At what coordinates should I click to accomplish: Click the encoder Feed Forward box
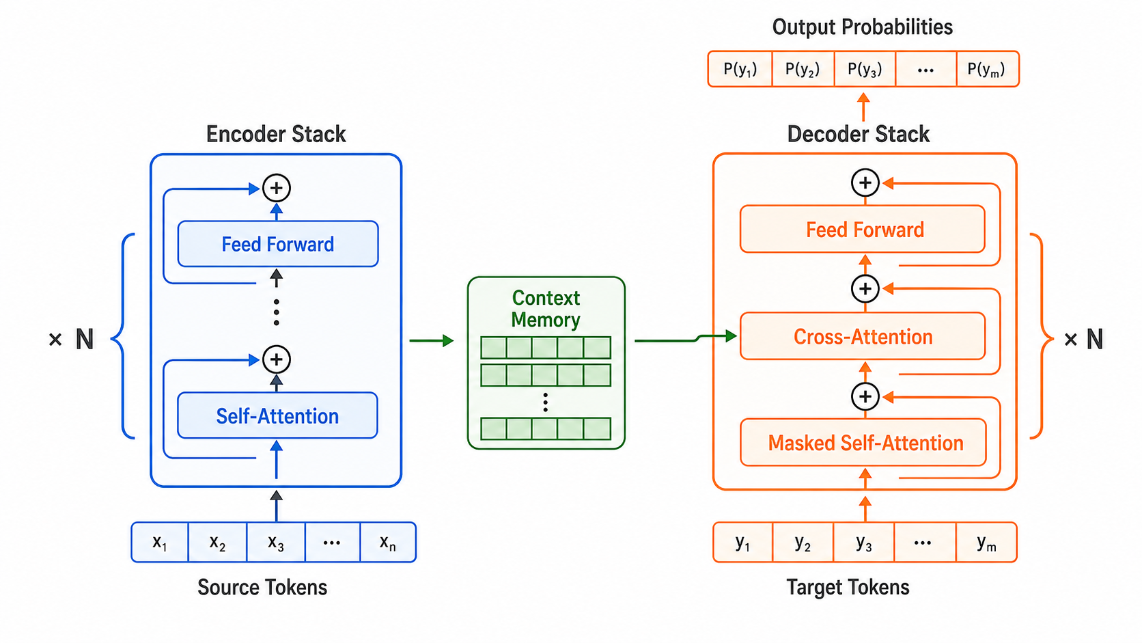[x=278, y=244]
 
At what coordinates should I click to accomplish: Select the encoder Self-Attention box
[x=277, y=415]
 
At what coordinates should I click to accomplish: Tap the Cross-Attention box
[x=863, y=337]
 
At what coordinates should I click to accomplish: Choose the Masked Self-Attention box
[x=863, y=443]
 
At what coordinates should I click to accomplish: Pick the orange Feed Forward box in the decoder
[x=863, y=230]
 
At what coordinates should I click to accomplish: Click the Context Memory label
[x=546, y=308]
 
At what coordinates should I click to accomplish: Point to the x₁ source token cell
[x=160, y=542]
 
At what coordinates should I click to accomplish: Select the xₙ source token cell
[x=388, y=542]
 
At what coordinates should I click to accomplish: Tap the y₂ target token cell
[x=803, y=543]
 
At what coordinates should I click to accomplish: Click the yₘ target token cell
[x=986, y=543]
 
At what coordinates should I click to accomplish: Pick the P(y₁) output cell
[x=740, y=69]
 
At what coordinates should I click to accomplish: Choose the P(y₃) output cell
[x=865, y=69]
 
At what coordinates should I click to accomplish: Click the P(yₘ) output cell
[x=988, y=69]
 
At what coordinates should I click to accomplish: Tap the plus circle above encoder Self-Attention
[x=277, y=359]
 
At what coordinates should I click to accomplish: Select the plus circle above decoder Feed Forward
[x=865, y=182]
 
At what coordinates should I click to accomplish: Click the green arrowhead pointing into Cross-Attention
[x=731, y=336]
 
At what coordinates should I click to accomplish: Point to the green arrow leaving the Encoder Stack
[x=431, y=340]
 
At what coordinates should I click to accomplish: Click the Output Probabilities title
[x=862, y=27]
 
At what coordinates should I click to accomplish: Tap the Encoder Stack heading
[x=276, y=134]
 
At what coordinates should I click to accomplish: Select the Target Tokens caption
[x=848, y=587]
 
